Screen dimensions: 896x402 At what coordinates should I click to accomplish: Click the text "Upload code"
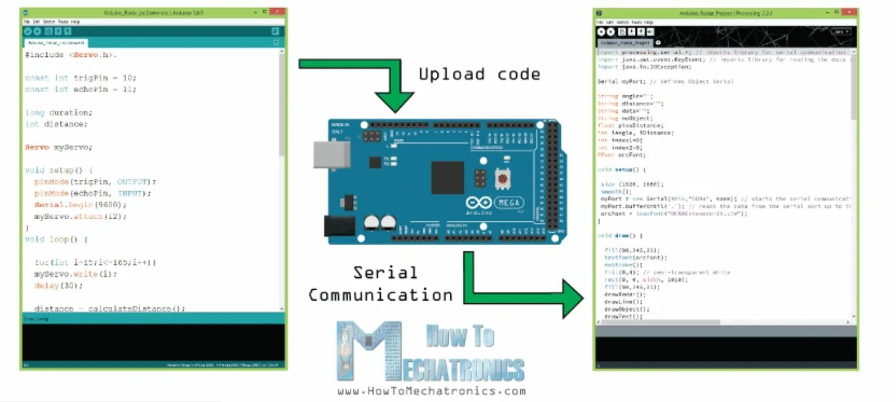click(479, 75)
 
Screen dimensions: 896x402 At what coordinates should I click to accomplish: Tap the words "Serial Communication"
click(380, 284)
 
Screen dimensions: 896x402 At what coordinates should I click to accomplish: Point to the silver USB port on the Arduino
click(331, 154)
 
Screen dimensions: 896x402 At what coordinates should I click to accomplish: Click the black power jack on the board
click(339, 226)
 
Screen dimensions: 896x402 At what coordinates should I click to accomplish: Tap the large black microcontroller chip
click(447, 177)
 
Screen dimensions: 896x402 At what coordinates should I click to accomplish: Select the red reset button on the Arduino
click(503, 177)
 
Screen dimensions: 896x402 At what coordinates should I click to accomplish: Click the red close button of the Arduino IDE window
click(277, 12)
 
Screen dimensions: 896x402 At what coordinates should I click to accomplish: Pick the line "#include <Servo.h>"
click(71, 55)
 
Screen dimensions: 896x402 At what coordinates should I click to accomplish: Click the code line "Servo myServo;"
click(59, 147)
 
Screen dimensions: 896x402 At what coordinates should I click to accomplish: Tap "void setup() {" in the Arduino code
click(63, 170)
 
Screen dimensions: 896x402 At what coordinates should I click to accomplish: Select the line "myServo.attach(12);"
click(80, 216)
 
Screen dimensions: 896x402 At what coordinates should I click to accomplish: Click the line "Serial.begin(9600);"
click(80, 205)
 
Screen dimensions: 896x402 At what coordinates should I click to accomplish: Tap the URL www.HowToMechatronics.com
click(431, 391)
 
